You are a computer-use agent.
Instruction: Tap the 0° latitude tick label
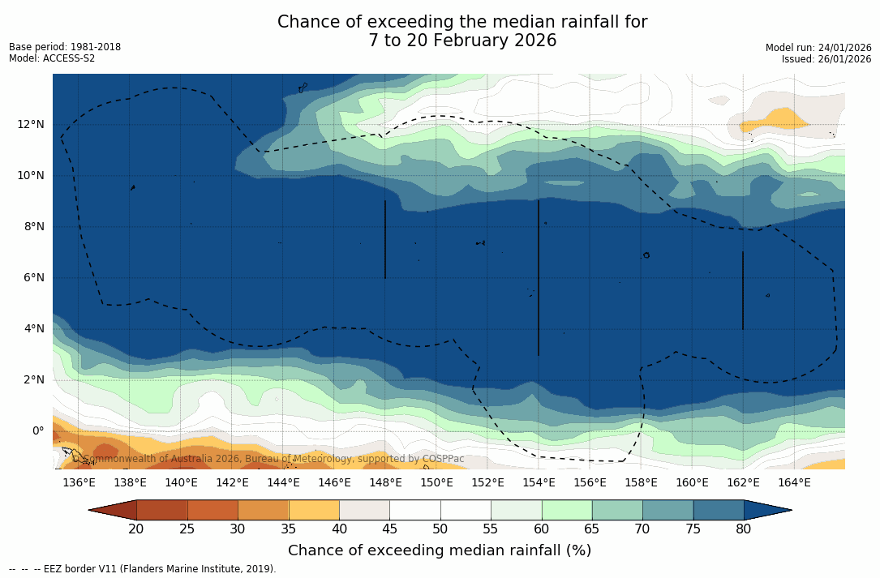(37, 430)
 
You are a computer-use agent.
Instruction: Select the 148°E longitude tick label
(385, 483)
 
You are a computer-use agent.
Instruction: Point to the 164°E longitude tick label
(794, 483)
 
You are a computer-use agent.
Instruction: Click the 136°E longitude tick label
(79, 483)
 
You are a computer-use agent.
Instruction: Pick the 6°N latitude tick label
(32, 277)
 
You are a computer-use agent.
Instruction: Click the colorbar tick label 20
(136, 529)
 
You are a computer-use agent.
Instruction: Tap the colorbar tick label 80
(744, 529)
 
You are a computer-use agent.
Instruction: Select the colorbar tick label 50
(440, 529)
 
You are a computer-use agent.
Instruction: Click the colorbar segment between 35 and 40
(314, 510)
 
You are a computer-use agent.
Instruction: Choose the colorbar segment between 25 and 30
(212, 510)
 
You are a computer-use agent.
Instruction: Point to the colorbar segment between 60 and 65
(567, 510)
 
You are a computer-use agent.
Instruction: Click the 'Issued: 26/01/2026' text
(826, 59)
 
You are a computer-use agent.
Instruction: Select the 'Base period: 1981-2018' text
(65, 47)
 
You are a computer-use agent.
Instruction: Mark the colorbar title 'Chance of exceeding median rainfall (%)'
(440, 550)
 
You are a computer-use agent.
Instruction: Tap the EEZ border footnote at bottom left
(143, 569)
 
